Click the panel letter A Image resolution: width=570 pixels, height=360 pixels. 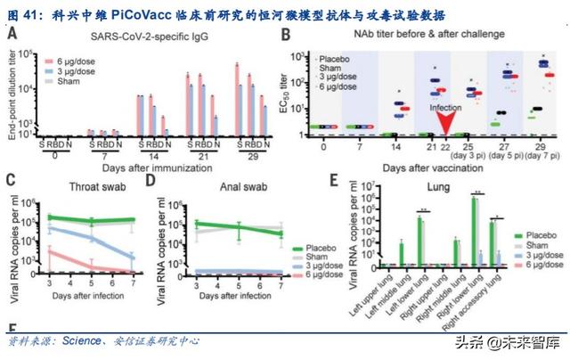(13, 36)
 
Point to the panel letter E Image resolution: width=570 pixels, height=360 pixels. (334, 183)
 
